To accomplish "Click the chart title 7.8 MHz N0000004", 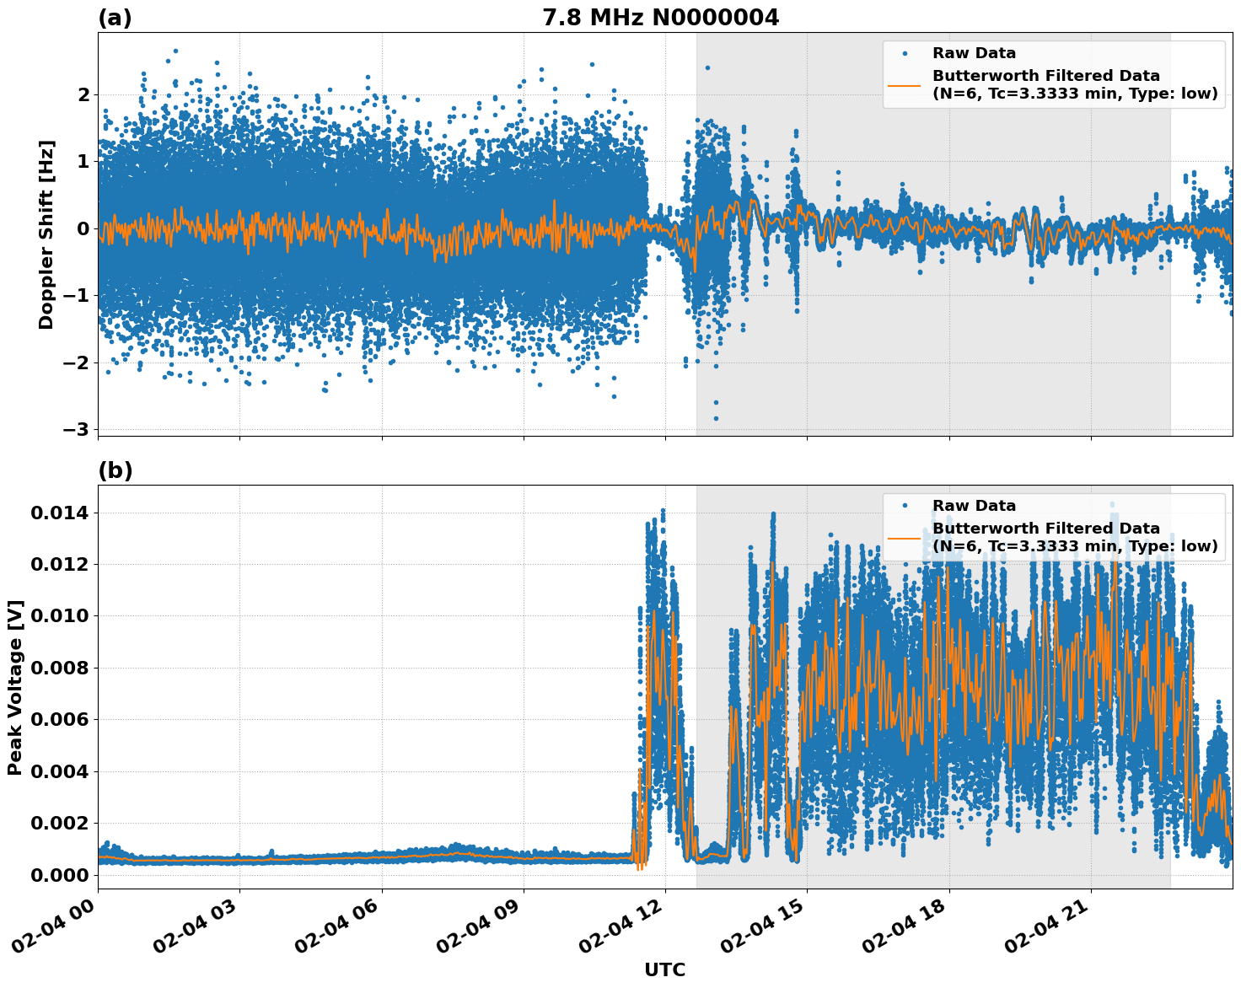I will (x=660, y=18).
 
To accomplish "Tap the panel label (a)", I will (x=115, y=18).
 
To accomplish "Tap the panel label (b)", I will (x=115, y=470).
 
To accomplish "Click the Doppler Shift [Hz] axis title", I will (x=46, y=234).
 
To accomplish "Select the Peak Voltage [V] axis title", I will (x=15, y=687).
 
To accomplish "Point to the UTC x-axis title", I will (x=664, y=969).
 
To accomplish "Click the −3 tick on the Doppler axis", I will (x=76, y=429).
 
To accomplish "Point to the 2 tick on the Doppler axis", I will (x=83, y=94).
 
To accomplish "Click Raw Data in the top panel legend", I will (x=974, y=53).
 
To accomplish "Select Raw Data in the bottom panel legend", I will (x=974, y=506).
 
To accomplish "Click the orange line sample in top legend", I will (x=905, y=85).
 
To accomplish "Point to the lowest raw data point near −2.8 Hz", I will (x=716, y=418).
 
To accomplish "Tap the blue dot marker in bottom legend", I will (x=905, y=506).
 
